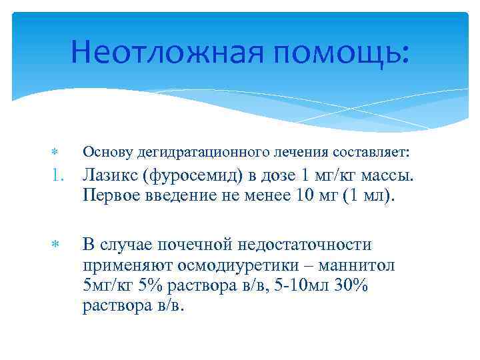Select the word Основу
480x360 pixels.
tap(106, 153)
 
